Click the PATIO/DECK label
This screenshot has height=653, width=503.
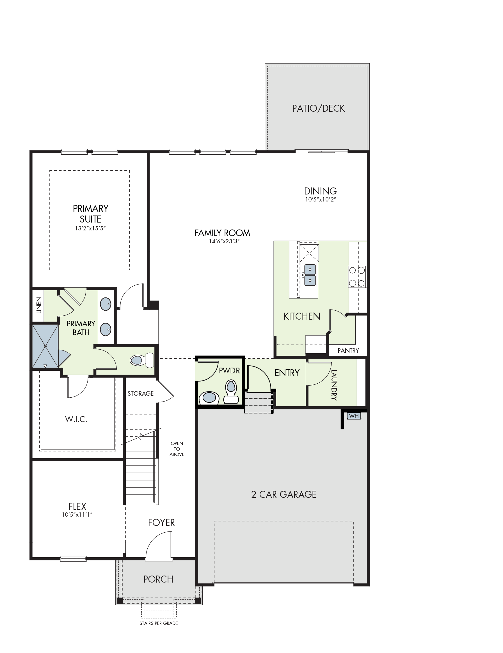(319, 108)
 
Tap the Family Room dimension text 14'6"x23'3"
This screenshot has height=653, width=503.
(224, 241)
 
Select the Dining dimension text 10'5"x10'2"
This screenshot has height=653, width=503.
(321, 200)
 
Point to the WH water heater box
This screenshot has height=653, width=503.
(354, 416)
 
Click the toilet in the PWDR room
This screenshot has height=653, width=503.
(231, 391)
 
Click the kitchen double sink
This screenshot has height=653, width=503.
(310, 275)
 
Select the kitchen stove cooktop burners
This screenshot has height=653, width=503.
(357, 277)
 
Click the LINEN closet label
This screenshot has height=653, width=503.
(38, 305)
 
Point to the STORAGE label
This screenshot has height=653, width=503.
(141, 393)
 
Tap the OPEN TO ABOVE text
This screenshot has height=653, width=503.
(177, 449)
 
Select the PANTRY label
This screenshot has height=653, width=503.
(348, 350)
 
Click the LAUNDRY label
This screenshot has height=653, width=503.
(334, 385)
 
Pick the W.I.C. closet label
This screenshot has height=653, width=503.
(76, 419)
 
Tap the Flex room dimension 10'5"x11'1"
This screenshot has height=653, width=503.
(77, 515)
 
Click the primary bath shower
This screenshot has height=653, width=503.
(45, 346)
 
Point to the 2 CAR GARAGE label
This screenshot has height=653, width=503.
(283, 494)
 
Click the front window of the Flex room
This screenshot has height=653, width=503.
(73, 558)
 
